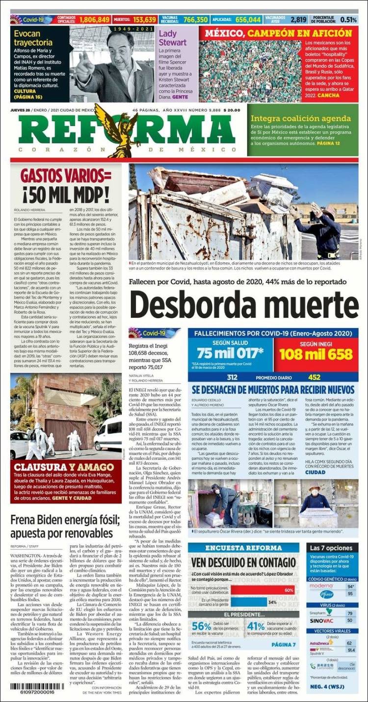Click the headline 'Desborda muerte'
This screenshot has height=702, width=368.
click(244, 305)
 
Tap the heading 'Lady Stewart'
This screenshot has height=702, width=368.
click(173, 38)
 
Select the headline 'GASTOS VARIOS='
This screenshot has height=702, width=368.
click(66, 176)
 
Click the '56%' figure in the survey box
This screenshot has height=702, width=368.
click(201, 626)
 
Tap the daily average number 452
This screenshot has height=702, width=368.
click(314, 377)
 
